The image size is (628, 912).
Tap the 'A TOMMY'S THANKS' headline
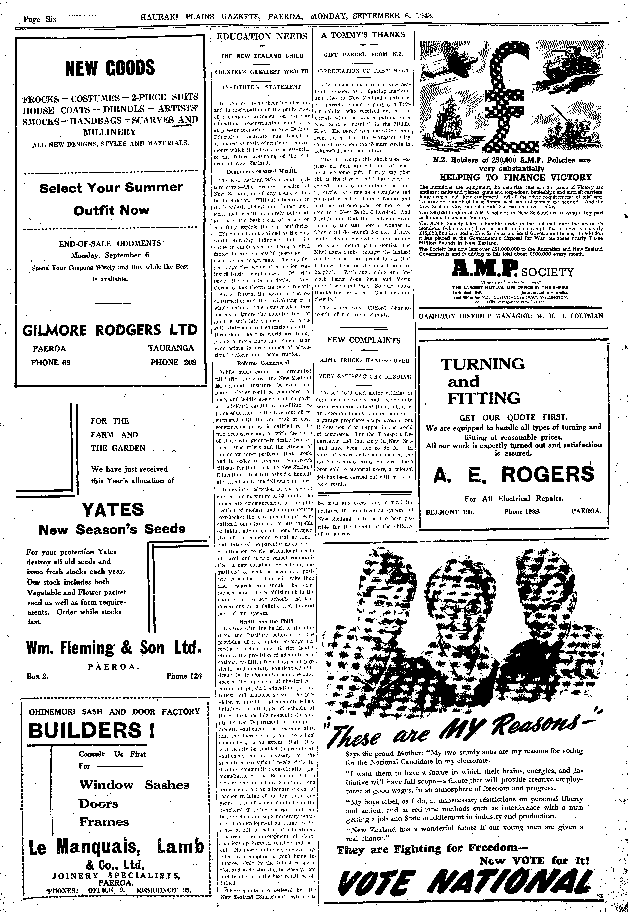[x=363, y=35]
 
